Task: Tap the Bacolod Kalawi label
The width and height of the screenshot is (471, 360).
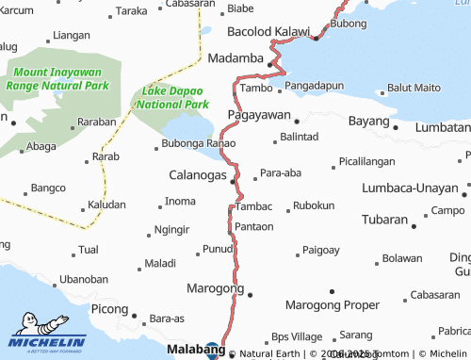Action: pos(269,31)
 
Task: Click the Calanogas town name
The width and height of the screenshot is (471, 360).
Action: pos(197,175)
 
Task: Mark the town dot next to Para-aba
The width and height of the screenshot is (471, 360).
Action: pos(254,177)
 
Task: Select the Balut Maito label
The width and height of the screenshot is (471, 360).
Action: pos(414,88)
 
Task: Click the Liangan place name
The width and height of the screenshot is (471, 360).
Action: pos(72,35)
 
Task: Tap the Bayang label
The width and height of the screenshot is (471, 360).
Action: pos(369,123)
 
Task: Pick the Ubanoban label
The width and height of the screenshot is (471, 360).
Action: pos(83,279)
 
